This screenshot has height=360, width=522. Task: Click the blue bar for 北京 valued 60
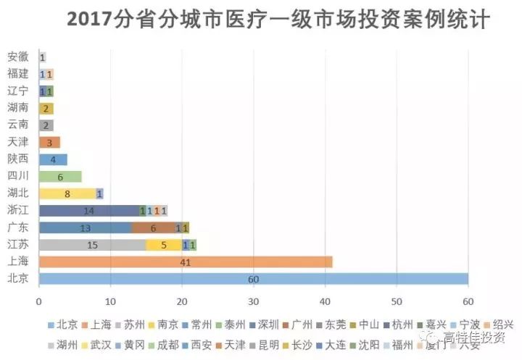click(254, 279)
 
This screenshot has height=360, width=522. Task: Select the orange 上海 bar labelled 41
click(186, 261)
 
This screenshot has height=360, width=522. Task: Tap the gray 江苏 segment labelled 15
click(92, 245)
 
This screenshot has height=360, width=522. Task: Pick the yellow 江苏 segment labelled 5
click(164, 245)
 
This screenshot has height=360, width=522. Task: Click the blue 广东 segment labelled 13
click(85, 227)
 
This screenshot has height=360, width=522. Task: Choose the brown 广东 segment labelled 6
click(153, 227)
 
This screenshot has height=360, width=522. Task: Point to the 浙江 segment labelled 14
click(88, 211)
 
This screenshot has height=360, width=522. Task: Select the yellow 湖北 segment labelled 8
click(67, 193)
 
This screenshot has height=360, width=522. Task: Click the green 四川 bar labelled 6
click(60, 176)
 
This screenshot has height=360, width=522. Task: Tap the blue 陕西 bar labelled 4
click(53, 159)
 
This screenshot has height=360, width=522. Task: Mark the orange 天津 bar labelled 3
click(49, 142)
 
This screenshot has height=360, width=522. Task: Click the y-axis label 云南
click(18, 125)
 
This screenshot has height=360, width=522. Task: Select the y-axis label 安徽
click(18, 56)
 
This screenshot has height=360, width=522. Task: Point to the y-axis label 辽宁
click(18, 91)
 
